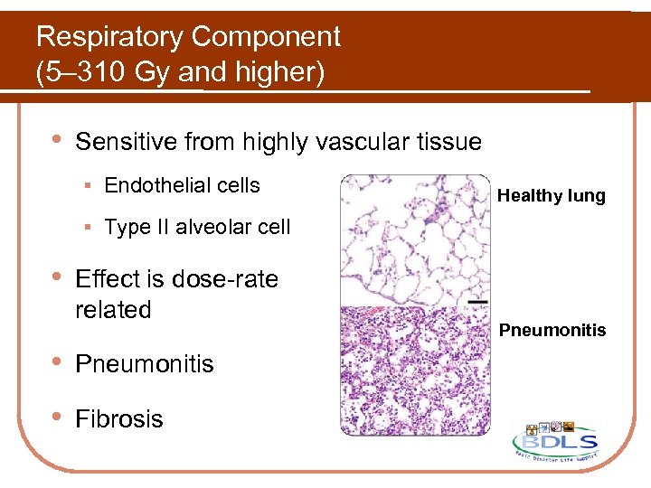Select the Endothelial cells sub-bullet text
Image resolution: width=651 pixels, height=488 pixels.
point(182,186)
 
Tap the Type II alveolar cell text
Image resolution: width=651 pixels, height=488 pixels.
point(197,228)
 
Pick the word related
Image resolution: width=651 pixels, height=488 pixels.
point(113,310)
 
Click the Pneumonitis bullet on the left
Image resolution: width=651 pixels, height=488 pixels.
point(145,364)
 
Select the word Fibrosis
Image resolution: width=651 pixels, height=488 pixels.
point(119,419)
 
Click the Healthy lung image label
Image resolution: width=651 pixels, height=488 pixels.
point(552,195)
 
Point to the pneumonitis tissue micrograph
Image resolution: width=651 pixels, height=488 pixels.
point(414,371)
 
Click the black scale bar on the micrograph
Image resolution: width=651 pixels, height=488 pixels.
point(478,301)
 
